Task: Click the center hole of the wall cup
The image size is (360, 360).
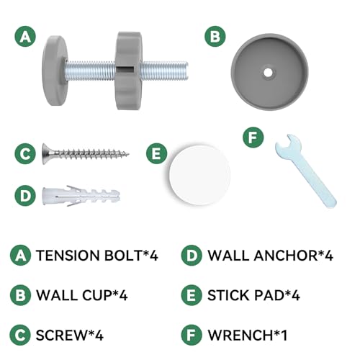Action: tap(268, 73)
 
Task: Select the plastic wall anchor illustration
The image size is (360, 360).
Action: tap(81, 196)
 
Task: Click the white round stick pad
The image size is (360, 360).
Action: tap(199, 175)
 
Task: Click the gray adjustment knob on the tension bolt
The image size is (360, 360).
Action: tap(128, 71)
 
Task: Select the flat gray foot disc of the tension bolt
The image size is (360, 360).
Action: tap(55, 71)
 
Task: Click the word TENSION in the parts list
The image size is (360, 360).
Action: tap(68, 256)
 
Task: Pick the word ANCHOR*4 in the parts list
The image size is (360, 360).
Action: tap(293, 256)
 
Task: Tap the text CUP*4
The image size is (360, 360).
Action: tap(104, 295)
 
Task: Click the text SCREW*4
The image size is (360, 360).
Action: tap(69, 335)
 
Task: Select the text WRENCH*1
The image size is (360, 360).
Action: tap(248, 335)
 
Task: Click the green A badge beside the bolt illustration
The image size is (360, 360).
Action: tap(25, 37)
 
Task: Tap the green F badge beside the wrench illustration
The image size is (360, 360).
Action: tap(253, 138)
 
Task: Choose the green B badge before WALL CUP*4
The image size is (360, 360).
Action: tap(20, 295)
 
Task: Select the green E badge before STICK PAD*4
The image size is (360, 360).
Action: tap(192, 295)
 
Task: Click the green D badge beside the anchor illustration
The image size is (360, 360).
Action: tap(25, 196)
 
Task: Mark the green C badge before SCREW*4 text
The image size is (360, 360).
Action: tap(20, 335)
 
